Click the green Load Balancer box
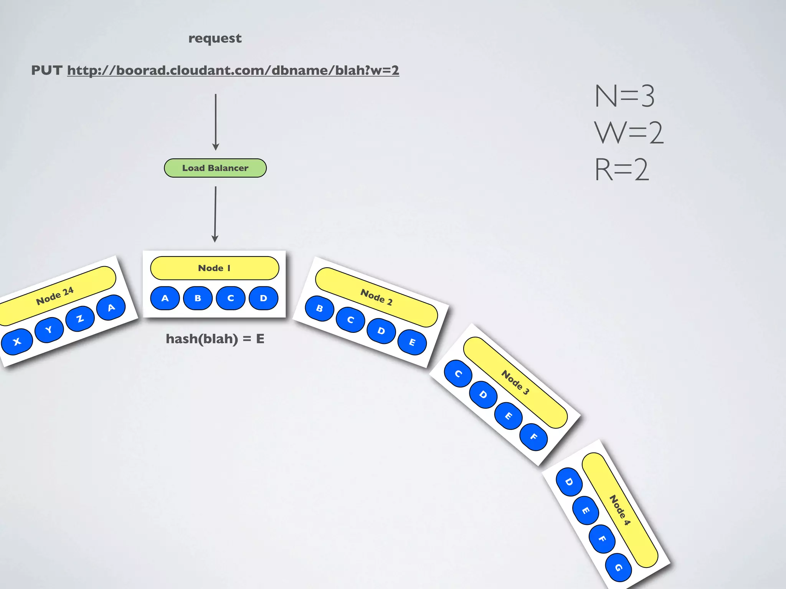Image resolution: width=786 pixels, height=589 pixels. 215,168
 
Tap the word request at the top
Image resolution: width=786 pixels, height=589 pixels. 215,38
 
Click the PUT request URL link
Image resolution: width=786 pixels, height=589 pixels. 233,70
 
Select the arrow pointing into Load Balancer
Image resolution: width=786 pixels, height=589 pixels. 216,122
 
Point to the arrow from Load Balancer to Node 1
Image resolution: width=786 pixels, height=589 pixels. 215,214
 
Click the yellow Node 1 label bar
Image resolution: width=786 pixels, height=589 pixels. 215,268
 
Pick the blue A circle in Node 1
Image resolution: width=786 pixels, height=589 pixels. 165,298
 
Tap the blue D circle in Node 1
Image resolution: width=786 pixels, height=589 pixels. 263,298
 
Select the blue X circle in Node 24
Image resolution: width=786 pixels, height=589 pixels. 17,342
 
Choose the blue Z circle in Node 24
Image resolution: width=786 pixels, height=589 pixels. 80,318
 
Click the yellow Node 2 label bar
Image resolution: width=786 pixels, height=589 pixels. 376,297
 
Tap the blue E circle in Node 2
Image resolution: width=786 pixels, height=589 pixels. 412,342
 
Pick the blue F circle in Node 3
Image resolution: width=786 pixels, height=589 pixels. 533,437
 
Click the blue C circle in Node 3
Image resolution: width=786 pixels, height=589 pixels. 458,374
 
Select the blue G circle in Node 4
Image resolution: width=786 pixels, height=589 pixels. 618,568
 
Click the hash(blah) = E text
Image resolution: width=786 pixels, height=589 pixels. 215,339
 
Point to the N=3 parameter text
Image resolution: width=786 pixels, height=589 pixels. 624,96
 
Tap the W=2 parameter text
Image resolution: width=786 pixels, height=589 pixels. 629,133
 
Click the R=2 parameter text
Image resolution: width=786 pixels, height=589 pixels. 622,169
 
